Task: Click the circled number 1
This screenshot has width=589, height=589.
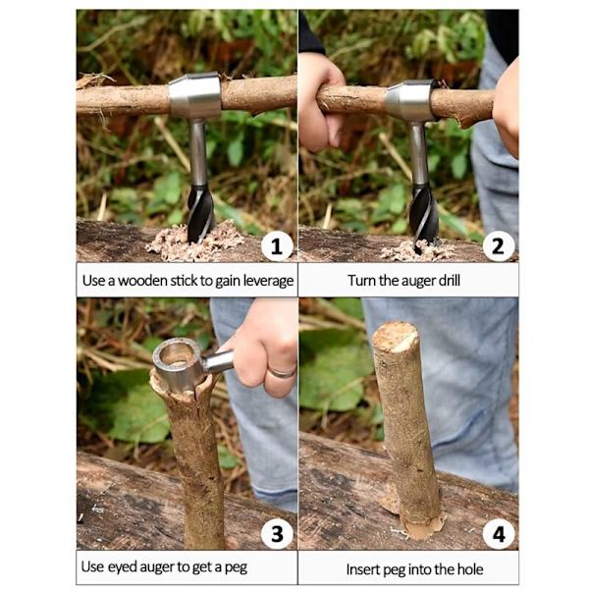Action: [x=277, y=246]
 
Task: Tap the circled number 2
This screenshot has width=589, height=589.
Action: [x=498, y=246]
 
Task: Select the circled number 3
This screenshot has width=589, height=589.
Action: [x=277, y=534]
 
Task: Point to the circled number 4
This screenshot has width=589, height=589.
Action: [x=498, y=534]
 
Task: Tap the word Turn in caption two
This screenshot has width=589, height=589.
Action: [x=361, y=280]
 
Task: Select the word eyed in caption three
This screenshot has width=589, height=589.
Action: [x=122, y=567]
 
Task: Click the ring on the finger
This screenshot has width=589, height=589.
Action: [x=283, y=373]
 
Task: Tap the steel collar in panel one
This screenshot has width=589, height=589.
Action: [x=194, y=95]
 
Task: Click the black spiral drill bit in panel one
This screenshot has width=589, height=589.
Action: [x=200, y=213]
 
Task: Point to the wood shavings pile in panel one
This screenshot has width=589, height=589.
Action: [x=195, y=242]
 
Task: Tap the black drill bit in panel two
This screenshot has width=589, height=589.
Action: [x=424, y=218]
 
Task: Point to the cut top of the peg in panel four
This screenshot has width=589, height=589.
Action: [x=396, y=336]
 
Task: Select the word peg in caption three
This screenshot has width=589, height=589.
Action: [x=236, y=568]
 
